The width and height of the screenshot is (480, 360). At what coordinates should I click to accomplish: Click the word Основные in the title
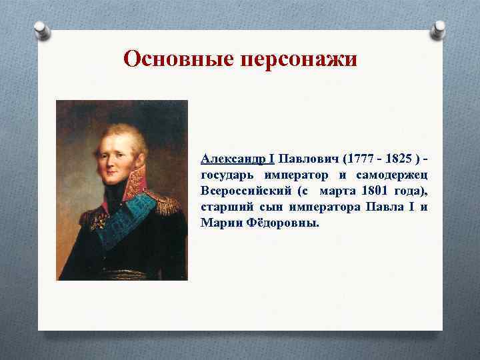pyautogui.click(x=176, y=59)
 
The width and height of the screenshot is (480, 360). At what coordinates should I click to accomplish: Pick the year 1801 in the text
pyautogui.click(x=372, y=191)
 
